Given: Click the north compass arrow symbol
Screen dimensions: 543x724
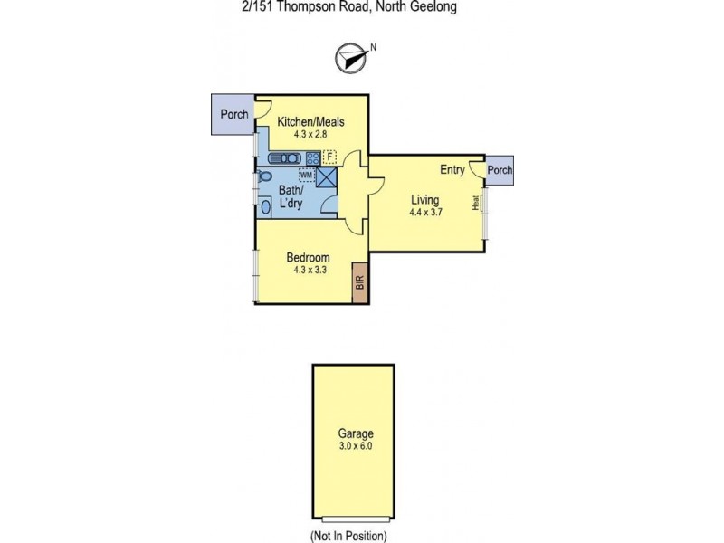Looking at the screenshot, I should pyautogui.click(x=349, y=57).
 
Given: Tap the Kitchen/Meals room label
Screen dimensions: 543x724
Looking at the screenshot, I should pyautogui.click(x=310, y=122).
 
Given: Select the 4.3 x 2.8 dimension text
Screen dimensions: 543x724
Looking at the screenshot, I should pyautogui.click(x=310, y=135).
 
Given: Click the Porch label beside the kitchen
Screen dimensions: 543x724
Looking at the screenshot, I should pyautogui.click(x=233, y=115).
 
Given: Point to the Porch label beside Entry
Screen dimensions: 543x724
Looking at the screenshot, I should pyautogui.click(x=500, y=170).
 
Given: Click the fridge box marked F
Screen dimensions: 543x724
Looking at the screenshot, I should pyautogui.click(x=330, y=156).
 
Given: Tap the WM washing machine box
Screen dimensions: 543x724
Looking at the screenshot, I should pyautogui.click(x=307, y=174).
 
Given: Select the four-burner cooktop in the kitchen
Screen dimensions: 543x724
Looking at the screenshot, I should pyautogui.click(x=313, y=157).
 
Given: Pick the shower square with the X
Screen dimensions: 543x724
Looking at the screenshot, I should pyautogui.click(x=327, y=177).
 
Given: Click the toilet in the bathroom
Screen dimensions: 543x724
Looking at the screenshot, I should pyautogui.click(x=264, y=176).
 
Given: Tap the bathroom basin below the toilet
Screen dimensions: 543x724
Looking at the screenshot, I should pyautogui.click(x=265, y=207).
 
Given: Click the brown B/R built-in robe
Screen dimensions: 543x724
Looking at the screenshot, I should pyautogui.click(x=360, y=282).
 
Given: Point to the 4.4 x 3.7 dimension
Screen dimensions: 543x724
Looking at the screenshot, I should pyautogui.click(x=425, y=214).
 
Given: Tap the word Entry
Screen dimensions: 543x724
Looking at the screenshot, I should pyautogui.click(x=452, y=170).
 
